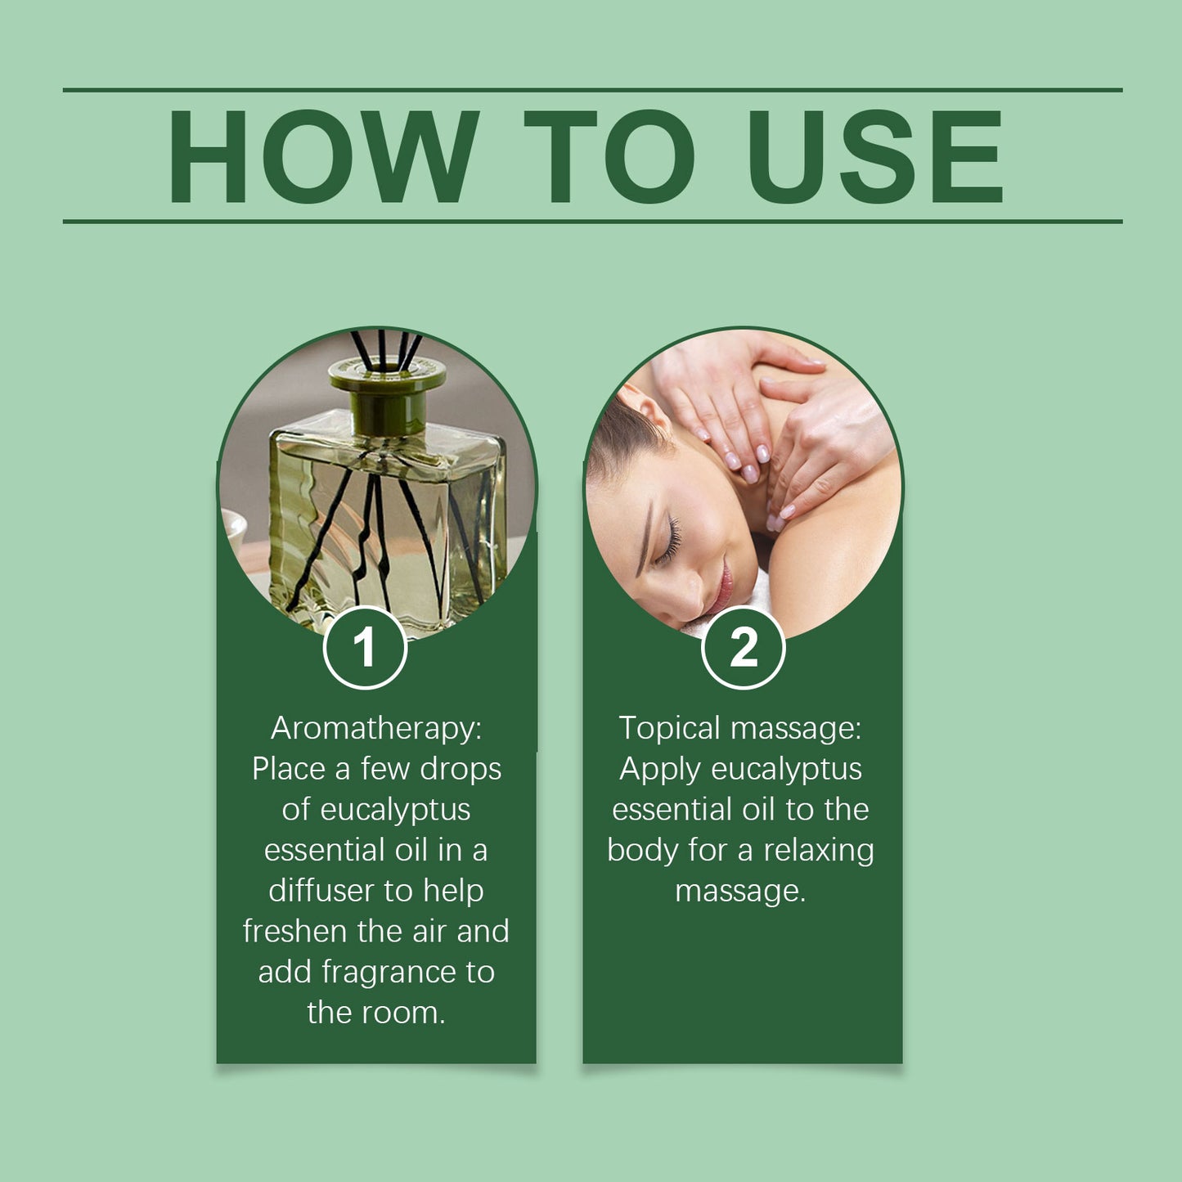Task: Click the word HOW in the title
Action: pyautogui.click(x=323, y=156)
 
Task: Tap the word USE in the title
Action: pyautogui.click(x=874, y=156)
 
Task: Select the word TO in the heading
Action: pyautogui.click(x=609, y=156)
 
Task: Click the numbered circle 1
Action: pyautogui.click(x=365, y=648)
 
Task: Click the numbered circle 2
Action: pyautogui.click(x=743, y=648)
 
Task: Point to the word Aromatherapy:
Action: pyautogui.click(x=376, y=728)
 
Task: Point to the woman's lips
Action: pyautogui.click(x=723, y=586)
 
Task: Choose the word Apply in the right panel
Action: pyautogui.click(x=660, y=769)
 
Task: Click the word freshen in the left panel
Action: pyautogui.click(x=294, y=931)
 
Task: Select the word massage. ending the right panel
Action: pyautogui.click(x=740, y=891)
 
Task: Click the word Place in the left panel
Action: pyautogui.click(x=288, y=769)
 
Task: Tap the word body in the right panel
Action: pyautogui.click(x=642, y=850)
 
